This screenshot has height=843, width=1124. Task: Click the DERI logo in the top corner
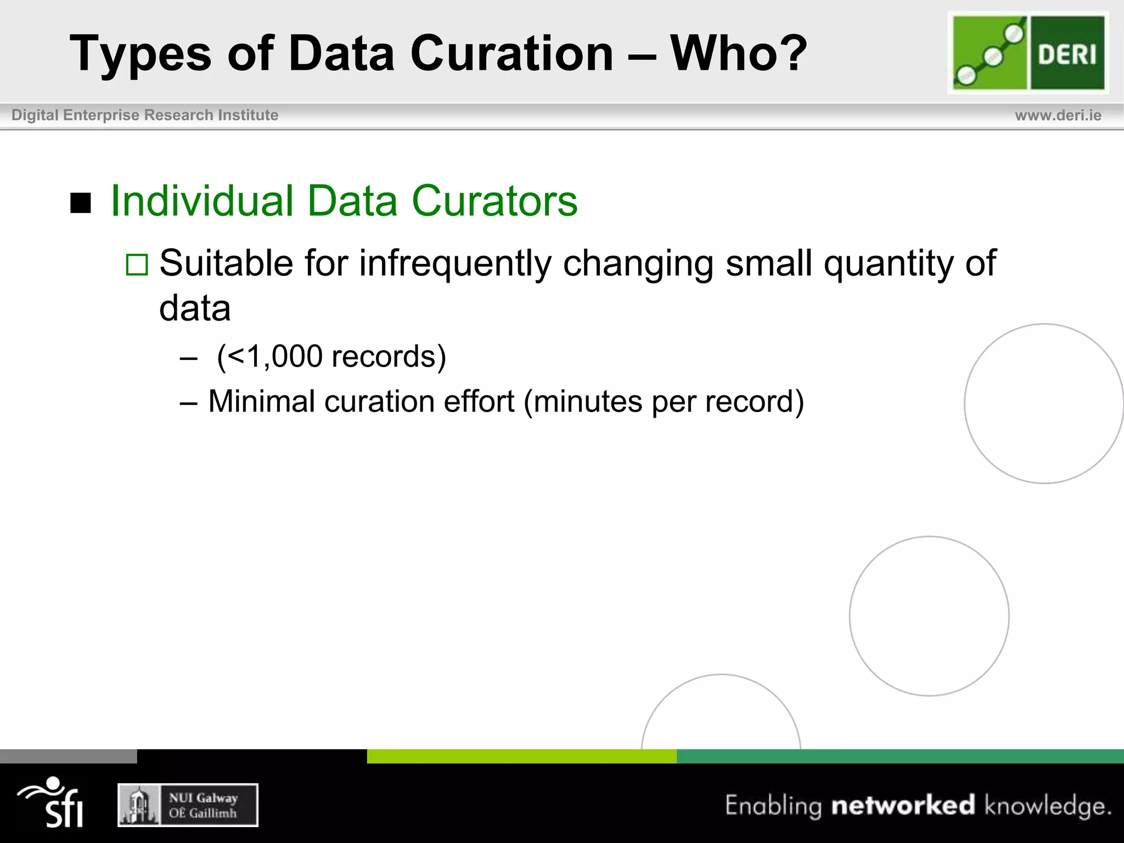[x=1028, y=53]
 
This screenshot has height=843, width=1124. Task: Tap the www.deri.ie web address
[x=1058, y=115]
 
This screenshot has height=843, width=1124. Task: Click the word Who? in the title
[x=738, y=53]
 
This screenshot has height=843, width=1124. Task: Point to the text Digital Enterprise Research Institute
[x=145, y=115]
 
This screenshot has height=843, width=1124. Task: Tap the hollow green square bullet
[x=137, y=265]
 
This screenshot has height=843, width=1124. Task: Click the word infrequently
[x=455, y=263]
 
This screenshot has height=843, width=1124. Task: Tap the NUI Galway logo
[x=188, y=805]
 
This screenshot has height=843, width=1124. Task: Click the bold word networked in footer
[x=903, y=805]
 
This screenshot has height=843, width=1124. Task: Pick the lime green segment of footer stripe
[x=521, y=756]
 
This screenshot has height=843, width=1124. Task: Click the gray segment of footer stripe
[x=68, y=756]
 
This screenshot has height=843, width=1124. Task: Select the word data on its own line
[x=195, y=308]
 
